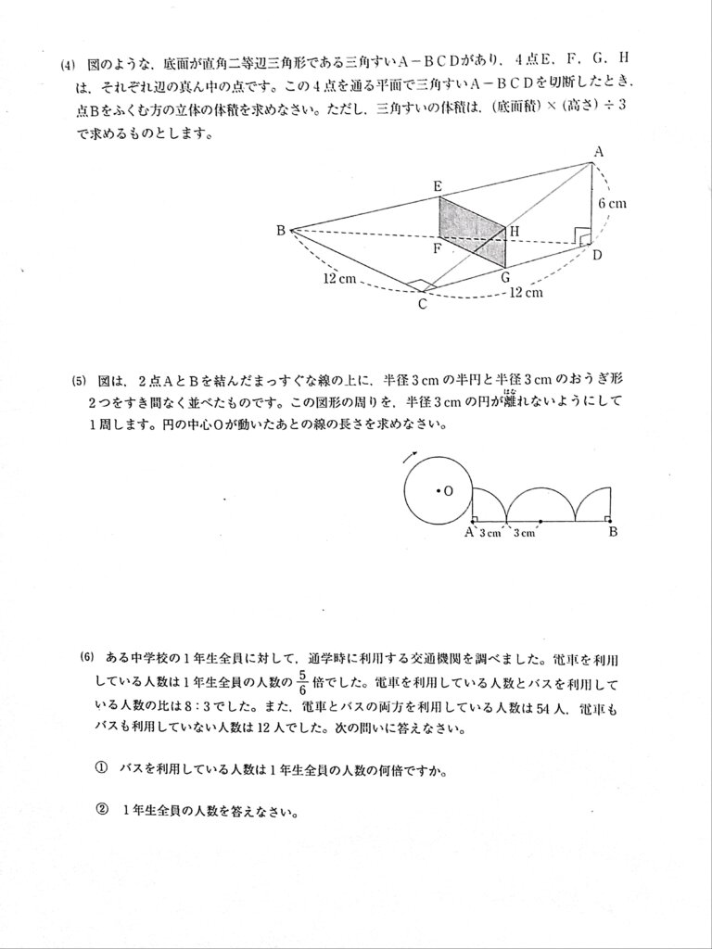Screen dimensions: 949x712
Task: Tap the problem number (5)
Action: point(79,381)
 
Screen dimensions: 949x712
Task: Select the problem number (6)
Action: point(87,658)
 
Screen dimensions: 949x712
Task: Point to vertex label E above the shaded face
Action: point(439,186)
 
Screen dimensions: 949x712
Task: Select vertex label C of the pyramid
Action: point(422,304)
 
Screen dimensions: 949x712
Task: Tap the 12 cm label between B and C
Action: point(339,277)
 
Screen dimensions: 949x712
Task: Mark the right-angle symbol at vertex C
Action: point(420,285)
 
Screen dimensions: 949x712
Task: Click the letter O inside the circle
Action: point(447,492)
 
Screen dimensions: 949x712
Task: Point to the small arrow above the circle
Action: point(409,456)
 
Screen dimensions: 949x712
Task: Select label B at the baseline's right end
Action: point(613,532)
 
